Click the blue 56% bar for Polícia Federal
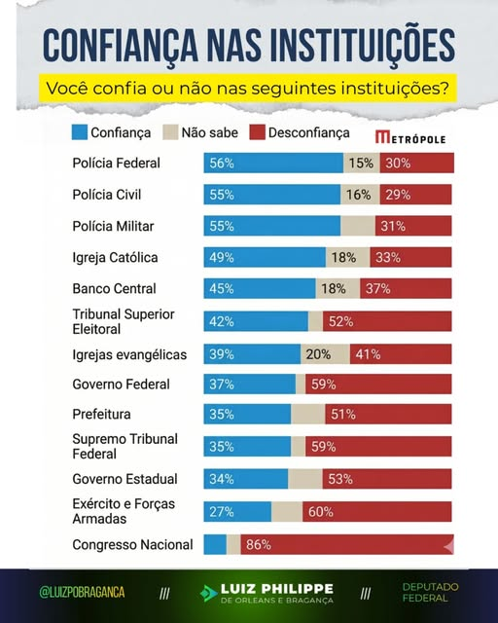(272, 164)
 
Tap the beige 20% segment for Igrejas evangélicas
(325, 354)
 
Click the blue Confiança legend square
(80, 132)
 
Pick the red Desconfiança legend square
(258, 132)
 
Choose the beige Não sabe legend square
(170, 132)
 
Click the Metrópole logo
(410, 138)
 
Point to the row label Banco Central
(114, 289)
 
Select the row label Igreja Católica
(115, 258)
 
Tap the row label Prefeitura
(101, 414)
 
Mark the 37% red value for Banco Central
(378, 289)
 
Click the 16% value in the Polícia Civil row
(357, 195)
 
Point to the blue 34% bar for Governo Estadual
(245, 479)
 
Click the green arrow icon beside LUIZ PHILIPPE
(207, 594)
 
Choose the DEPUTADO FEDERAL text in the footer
(431, 593)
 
